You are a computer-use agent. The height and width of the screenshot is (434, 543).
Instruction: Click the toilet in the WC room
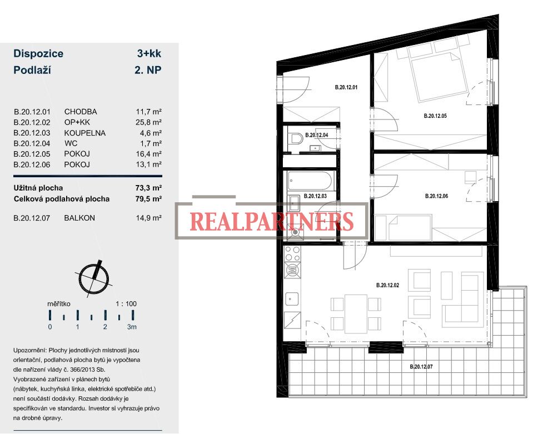[296, 139]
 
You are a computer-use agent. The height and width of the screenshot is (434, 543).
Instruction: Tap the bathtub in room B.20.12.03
[310, 181]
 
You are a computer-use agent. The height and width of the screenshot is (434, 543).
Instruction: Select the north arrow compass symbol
[94, 278]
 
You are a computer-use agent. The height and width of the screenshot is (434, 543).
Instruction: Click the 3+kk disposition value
[149, 53]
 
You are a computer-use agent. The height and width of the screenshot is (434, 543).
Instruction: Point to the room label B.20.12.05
[435, 116]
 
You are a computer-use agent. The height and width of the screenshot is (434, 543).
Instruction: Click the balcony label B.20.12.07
[421, 366]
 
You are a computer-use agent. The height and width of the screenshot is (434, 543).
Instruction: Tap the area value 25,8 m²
[148, 122]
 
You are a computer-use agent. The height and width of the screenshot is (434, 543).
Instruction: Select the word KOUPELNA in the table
[85, 133]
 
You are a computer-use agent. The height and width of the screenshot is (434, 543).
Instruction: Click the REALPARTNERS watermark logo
[272, 221]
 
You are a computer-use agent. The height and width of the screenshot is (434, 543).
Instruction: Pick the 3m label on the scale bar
[132, 327]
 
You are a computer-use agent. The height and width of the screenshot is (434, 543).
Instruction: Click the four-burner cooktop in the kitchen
[292, 254]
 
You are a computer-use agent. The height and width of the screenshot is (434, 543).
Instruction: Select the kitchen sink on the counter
[292, 299]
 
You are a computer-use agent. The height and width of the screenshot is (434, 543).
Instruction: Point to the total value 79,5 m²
[148, 199]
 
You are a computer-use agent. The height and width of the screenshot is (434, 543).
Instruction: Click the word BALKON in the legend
[79, 218]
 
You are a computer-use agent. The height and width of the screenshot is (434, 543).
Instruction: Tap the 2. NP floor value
[148, 70]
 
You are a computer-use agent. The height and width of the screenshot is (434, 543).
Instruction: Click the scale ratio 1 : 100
[126, 304]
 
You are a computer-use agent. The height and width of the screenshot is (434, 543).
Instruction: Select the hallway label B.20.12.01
[346, 87]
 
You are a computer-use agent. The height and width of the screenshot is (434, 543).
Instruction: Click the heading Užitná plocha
[38, 188]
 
